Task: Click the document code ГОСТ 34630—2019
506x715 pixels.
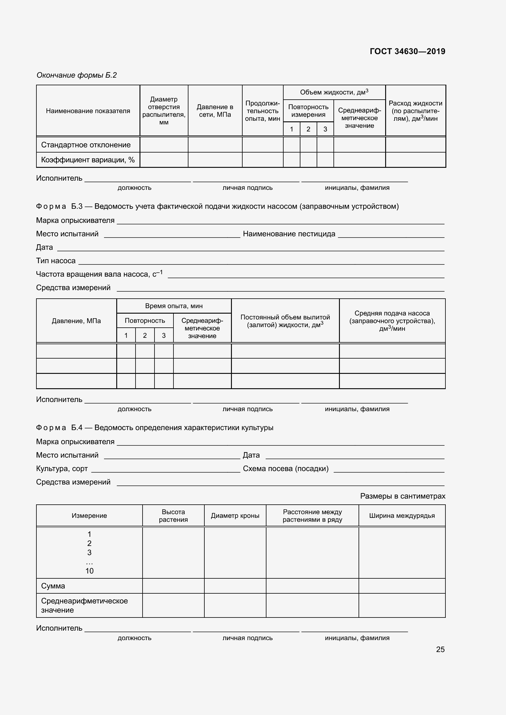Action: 407,51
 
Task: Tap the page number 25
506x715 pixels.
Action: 440,649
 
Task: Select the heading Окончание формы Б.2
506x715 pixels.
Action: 77,75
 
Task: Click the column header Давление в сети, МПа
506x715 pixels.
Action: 215,111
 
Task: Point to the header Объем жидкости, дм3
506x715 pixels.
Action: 334,92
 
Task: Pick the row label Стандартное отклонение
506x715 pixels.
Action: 86,145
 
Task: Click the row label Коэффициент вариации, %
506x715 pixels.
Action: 87,160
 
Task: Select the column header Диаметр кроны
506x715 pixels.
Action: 235,515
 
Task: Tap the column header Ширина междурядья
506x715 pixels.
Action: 402,515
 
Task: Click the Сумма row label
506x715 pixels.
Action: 53,586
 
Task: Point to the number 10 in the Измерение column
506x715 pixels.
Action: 89,571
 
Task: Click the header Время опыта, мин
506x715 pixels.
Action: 173,306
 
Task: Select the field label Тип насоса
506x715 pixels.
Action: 56,261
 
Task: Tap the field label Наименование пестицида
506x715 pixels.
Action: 289,234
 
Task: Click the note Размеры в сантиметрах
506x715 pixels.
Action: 402,496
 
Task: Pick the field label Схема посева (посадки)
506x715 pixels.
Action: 285,468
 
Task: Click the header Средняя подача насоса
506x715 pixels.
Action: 392,321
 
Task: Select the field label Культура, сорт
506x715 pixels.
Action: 62,468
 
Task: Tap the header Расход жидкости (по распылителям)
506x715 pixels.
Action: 415,111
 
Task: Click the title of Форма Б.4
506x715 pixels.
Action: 154,428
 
